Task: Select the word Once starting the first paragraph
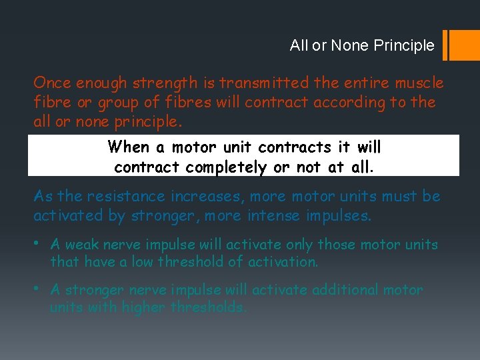click(x=52, y=83)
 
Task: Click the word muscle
click(x=419, y=83)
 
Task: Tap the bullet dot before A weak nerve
click(x=37, y=243)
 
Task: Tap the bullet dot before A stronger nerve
click(x=37, y=289)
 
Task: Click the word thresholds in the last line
click(x=208, y=307)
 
